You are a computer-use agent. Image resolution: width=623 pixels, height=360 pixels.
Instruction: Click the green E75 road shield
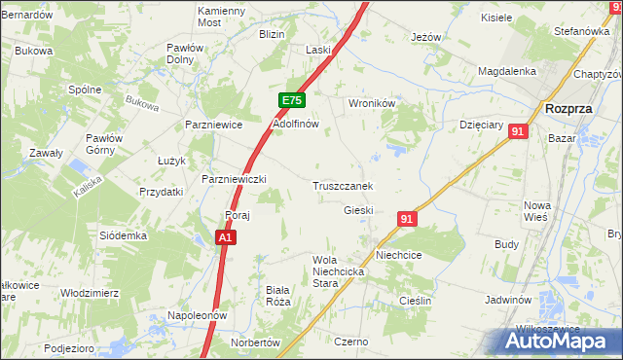pos(293,101)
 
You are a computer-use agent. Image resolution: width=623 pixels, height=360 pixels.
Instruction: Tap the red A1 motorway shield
pos(225,237)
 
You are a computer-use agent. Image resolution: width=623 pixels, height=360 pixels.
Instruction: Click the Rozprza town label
pos(570,109)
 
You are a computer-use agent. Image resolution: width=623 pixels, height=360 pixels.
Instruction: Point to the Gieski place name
pos(359,210)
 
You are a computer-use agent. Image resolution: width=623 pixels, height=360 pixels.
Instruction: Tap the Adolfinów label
pos(296,125)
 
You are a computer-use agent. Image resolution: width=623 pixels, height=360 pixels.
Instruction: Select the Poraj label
pos(238,215)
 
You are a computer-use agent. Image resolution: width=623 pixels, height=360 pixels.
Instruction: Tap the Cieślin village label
pos(416,302)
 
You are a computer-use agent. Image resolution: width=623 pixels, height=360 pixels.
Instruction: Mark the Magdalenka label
pos(507,71)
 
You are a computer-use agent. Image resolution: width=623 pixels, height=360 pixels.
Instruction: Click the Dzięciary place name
pos(481,125)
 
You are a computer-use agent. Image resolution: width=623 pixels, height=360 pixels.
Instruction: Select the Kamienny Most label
pos(223,16)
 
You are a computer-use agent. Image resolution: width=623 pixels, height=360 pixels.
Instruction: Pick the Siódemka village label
pos(123,235)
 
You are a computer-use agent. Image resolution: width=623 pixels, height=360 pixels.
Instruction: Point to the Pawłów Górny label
pos(102,144)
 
